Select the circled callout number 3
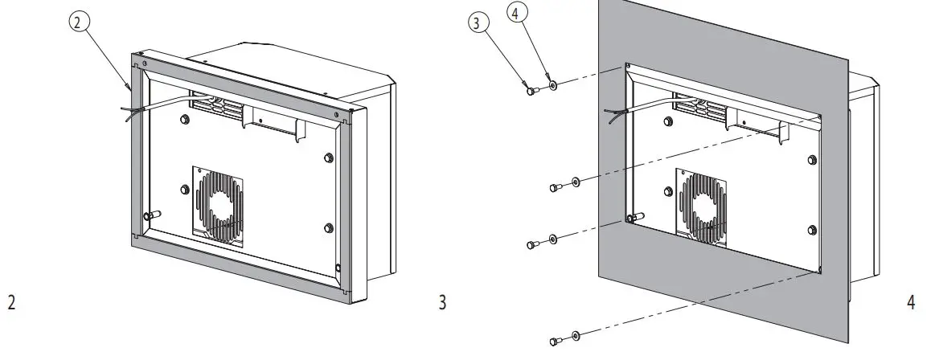click(x=478, y=23)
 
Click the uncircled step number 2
click(x=11, y=303)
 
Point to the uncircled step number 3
click(x=441, y=303)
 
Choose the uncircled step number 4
click(x=910, y=303)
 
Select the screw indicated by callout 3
click(x=531, y=92)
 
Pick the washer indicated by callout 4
click(x=552, y=84)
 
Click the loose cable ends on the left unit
click(x=126, y=115)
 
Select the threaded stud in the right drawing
click(x=635, y=216)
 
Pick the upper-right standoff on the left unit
click(x=329, y=158)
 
